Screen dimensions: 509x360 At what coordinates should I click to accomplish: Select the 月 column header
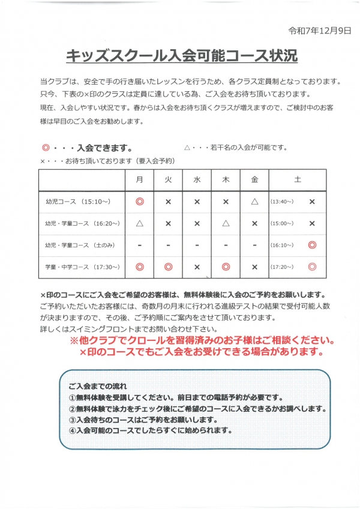coord(139,179)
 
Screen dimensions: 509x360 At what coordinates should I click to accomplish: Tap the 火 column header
coord(168,179)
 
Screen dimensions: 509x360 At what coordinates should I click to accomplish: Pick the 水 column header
coord(197,179)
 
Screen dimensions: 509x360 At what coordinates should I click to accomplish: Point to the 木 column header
coord(226,179)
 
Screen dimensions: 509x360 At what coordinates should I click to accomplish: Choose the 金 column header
coord(254,179)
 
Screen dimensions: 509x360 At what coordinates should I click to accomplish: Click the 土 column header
coord(298,179)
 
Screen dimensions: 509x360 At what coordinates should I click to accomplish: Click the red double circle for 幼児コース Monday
coord(139,202)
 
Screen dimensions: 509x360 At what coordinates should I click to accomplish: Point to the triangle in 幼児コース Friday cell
coord(254,202)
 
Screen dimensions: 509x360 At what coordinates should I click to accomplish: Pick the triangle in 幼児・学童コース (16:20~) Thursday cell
coord(226,223)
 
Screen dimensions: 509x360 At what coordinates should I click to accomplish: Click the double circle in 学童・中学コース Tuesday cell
coord(168,267)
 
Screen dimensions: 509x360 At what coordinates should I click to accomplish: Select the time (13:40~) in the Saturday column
coord(282,202)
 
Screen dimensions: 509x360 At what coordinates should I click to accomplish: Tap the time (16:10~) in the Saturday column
coord(282,245)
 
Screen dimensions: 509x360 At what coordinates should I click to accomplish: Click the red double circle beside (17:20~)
coord(311,267)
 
